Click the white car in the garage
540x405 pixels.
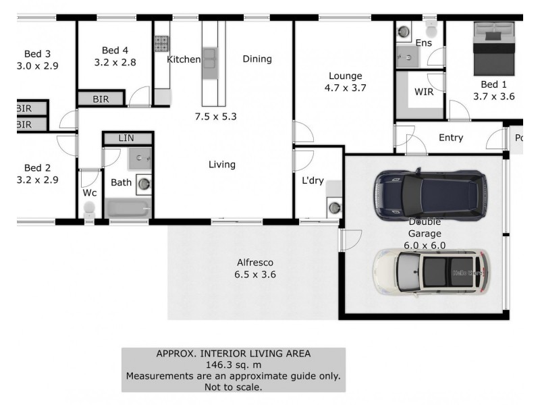[430, 272]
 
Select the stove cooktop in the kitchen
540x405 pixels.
[161, 44]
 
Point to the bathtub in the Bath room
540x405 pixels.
[128, 208]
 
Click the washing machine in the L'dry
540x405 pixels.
[334, 208]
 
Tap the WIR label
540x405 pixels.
[424, 91]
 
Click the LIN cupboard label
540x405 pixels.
[126, 138]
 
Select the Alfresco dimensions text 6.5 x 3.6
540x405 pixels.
[255, 275]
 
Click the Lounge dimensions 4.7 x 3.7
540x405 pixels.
[345, 87]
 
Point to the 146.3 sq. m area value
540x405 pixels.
[233, 364]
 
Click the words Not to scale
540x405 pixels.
[233, 387]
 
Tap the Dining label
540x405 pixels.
[257, 59]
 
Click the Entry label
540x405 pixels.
[451, 138]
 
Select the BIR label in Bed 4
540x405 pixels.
[101, 99]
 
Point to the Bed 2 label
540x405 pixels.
[38, 168]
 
